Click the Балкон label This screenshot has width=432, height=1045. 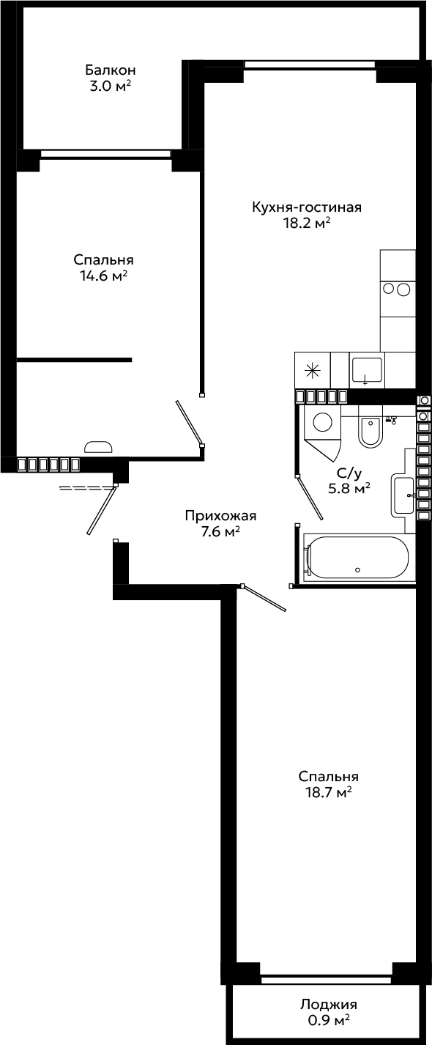pos(111,70)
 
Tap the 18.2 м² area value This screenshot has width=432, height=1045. pos(307,223)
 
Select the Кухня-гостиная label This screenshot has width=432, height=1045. pos(307,207)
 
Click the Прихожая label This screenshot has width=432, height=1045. pos(221,516)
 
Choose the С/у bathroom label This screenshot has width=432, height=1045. pos(349,473)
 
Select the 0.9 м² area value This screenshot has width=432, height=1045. pos(329,1021)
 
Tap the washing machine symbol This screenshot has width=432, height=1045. pos(322,423)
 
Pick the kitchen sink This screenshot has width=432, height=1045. pos(368,371)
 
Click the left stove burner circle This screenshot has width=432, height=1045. pos(389,289)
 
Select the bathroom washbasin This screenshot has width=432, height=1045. pos(403,495)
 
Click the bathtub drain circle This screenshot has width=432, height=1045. pos(357,569)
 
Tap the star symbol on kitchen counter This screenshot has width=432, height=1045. pos(312,371)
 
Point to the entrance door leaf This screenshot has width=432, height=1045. pos(101,510)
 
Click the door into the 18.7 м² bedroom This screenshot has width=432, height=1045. pos(264,598)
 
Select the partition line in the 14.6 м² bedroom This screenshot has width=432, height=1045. pos(74,360)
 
